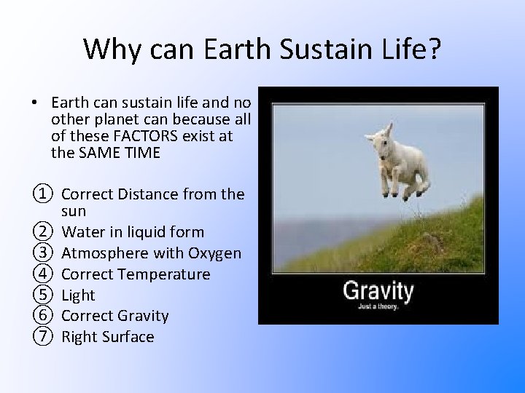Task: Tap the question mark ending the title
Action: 435,49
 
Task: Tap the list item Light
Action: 79,295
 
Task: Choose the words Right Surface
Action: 108,337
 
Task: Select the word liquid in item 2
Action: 144,232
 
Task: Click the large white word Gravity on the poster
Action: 378,291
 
